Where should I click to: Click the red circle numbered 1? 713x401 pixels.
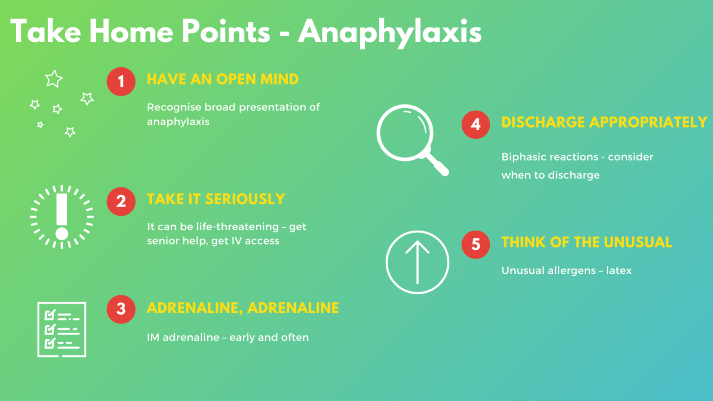pos(121,81)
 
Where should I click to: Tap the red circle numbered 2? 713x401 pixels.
pos(121,201)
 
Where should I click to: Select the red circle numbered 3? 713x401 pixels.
pos(121,309)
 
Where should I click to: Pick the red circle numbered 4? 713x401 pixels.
pos(475,124)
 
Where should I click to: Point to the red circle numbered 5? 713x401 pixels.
pos(475,244)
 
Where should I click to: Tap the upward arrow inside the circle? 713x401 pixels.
pos(417,262)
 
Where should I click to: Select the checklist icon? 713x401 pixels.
pos(62,330)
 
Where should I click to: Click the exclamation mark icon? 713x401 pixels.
pos(62,216)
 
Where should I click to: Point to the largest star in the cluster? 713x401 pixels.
pos(54,79)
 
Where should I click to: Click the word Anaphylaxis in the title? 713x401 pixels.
pos(390,32)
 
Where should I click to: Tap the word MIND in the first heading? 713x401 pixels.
pos(279,79)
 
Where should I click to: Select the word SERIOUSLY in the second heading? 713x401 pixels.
pos(245,199)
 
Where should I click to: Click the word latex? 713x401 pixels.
pos(619,271)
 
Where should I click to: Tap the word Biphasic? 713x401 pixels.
pos(523,157)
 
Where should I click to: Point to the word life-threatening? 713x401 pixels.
pos(237,226)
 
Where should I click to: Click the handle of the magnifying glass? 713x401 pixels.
pos(438,164)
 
